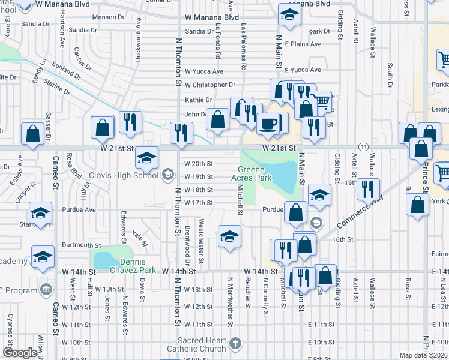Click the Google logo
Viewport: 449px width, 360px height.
click(x=20, y=353)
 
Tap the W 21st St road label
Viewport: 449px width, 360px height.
click(x=279, y=147)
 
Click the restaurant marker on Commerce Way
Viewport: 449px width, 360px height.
click(x=366, y=189)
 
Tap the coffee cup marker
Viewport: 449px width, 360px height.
click(x=268, y=124)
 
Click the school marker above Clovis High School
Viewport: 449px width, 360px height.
click(x=146, y=157)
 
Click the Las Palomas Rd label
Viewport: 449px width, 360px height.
click(x=244, y=47)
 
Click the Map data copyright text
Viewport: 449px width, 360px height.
click(x=423, y=355)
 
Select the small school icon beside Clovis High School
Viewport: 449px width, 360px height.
click(x=167, y=175)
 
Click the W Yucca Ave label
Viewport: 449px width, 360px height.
click(x=203, y=71)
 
